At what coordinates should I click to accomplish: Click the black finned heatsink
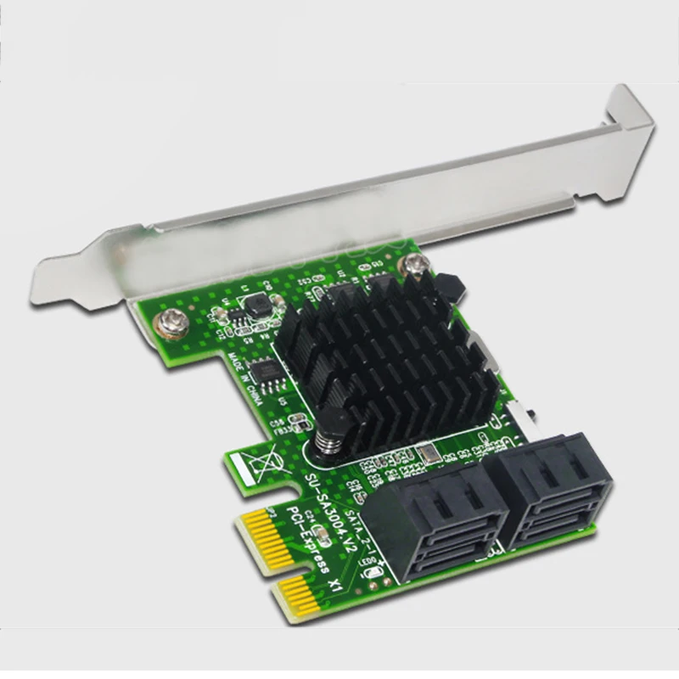tap(386, 356)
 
